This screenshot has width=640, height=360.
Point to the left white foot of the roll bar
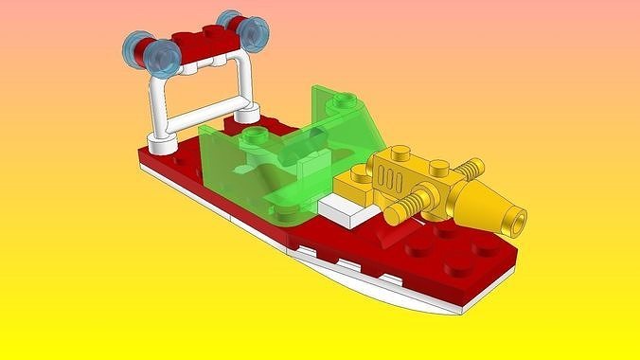point(164,144)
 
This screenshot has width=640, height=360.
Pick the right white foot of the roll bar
point(248,115)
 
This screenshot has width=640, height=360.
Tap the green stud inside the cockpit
point(252,141)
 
